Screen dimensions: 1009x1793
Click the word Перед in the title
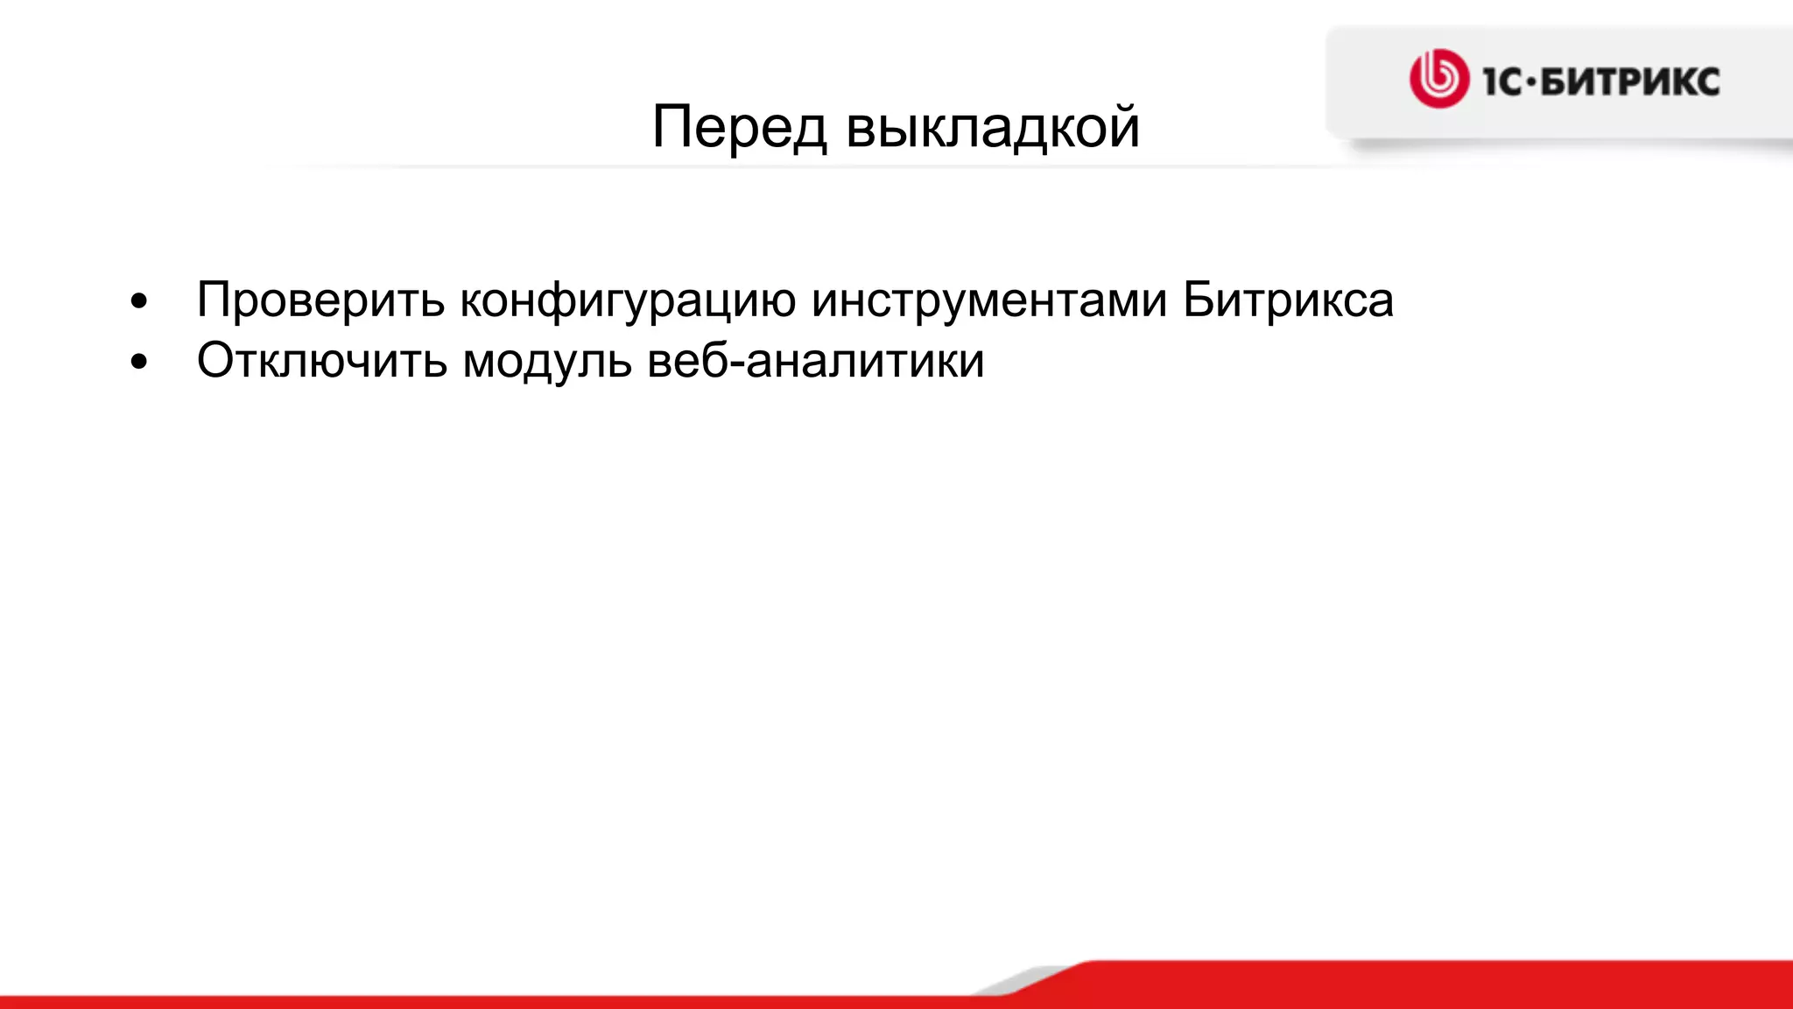click(739, 127)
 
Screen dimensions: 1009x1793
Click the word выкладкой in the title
click(993, 127)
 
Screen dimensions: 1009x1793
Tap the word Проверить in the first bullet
click(320, 300)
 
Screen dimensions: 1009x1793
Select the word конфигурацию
click(628, 300)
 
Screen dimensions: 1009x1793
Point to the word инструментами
click(989, 300)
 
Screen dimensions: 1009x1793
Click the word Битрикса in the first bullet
click(1288, 300)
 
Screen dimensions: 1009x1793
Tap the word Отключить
click(321, 360)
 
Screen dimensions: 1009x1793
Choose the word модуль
click(547, 360)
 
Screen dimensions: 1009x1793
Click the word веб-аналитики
click(816, 360)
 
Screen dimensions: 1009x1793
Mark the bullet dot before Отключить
click(138, 362)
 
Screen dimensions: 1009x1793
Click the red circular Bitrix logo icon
click(1438, 79)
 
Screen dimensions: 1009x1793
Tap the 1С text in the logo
click(1501, 81)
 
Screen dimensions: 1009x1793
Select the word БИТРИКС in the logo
click(1629, 81)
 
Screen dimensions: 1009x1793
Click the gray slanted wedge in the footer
click(1024, 981)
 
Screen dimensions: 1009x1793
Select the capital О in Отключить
click(216, 360)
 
